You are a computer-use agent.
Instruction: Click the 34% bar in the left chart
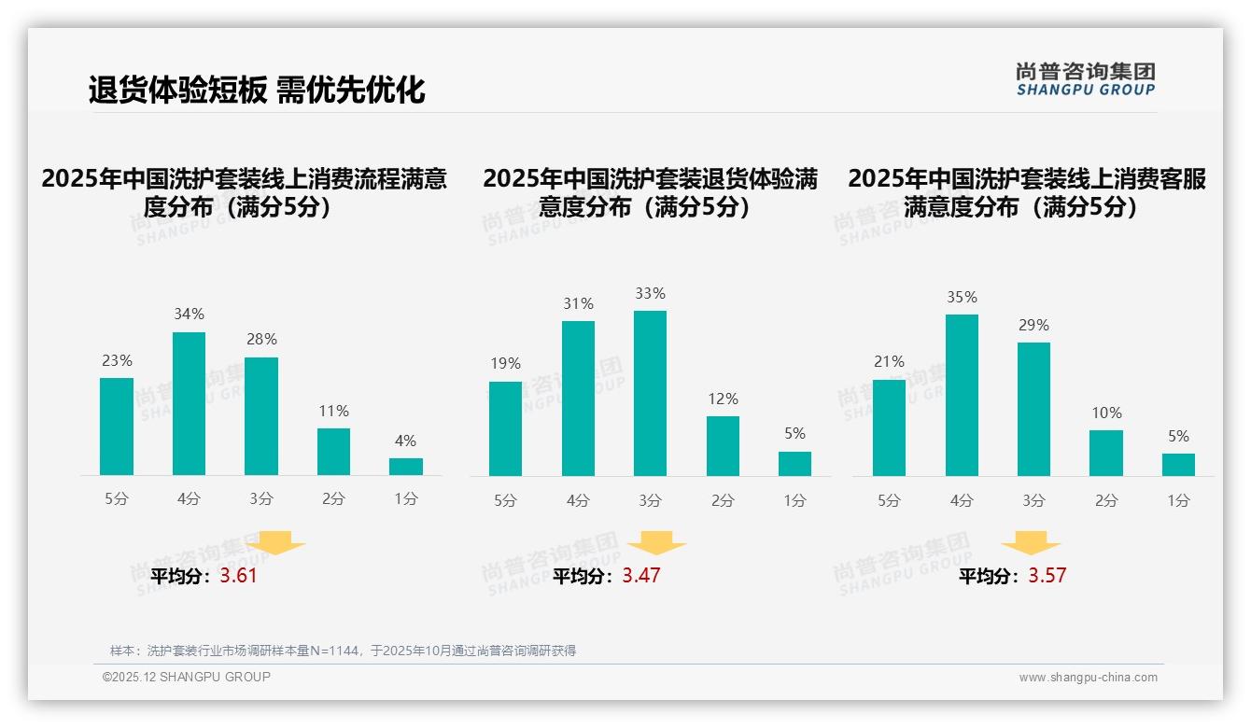point(189,403)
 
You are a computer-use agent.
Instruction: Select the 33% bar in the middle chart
point(650,393)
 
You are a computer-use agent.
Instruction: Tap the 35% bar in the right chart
point(962,395)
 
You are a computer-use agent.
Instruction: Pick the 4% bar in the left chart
point(406,467)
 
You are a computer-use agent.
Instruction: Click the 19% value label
point(505,364)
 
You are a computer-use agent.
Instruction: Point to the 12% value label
point(723,399)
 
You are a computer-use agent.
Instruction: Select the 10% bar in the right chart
point(1106,453)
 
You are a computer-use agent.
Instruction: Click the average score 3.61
point(238,576)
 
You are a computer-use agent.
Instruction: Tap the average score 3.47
point(641,576)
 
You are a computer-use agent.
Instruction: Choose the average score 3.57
point(1047,576)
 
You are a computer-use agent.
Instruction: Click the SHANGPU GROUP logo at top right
point(1085,79)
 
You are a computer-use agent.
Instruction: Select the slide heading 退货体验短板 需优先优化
point(257,90)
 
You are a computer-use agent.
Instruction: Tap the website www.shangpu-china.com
point(1088,678)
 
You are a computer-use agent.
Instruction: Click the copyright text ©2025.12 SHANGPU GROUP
point(187,677)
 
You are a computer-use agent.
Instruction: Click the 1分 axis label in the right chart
point(1178,500)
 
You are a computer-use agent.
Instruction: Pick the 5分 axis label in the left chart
point(116,499)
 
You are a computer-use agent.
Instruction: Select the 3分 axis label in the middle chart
point(650,500)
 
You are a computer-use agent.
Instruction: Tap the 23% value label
point(117,360)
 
